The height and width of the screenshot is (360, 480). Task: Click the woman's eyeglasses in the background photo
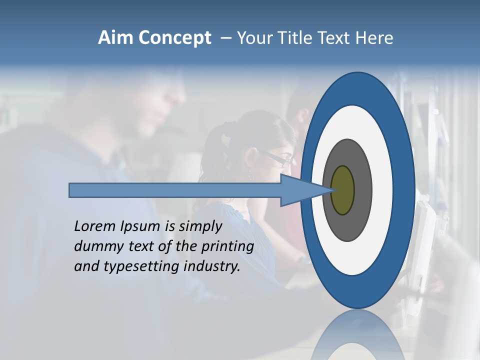coord(280,159)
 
